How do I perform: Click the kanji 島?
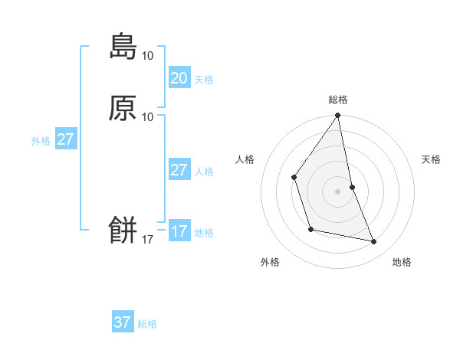coord(123,46)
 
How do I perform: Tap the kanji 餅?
coord(123,229)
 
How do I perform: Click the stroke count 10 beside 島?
coord(147,55)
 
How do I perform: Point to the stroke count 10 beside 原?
coord(147,116)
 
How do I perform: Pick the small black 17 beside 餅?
coord(147,240)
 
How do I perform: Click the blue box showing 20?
coord(179,78)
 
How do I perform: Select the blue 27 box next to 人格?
coord(179,170)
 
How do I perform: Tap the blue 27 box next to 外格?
coord(65,139)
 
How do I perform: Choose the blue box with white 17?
coord(179,231)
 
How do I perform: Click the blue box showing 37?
coord(123,322)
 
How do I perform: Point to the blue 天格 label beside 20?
coord(204,80)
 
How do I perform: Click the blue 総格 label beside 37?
coord(147,324)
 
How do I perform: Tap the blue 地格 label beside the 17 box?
coord(204,233)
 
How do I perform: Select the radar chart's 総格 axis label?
coord(338,100)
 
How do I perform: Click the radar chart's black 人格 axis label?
coord(245,159)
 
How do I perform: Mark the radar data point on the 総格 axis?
coord(338,116)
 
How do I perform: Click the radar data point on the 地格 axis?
coord(374,242)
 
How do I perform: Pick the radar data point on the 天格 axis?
coord(352,187)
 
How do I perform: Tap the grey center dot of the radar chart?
coord(338,191)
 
